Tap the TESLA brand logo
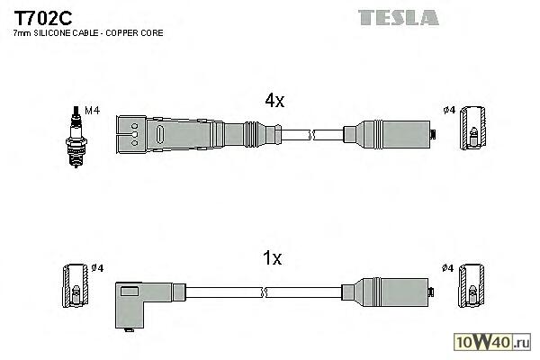click(x=398, y=17)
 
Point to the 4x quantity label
click(x=274, y=102)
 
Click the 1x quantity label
click(x=273, y=259)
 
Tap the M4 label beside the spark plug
click(x=90, y=111)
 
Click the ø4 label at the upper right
click(x=448, y=111)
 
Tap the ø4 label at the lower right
click(x=448, y=268)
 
